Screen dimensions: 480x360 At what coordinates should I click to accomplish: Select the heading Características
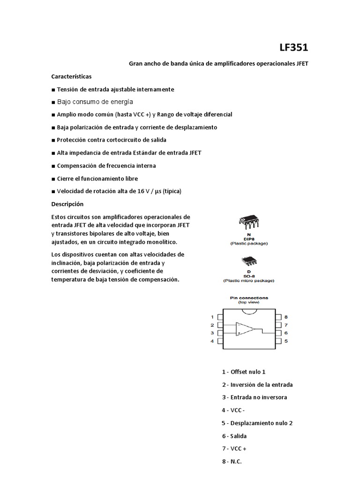(x=71, y=76)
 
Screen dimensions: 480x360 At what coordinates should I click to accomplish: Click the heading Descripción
(x=67, y=204)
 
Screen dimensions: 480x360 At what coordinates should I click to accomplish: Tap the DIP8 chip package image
(x=248, y=223)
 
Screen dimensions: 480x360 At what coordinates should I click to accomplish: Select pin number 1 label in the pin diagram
(x=212, y=317)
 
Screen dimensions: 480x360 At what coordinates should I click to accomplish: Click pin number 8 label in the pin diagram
(x=285, y=317)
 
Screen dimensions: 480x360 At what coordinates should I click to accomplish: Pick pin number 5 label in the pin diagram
(x=285, y=341)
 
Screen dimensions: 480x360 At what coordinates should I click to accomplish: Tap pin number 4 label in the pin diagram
(x=212, y=341)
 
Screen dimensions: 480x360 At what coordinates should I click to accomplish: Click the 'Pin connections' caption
(x=249, y=298)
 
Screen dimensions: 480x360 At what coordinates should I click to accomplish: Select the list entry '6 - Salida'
(x=234, y=435)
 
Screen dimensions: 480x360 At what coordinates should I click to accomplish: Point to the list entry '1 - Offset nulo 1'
(x=244, y=372)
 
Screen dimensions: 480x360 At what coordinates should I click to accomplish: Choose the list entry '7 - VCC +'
(x=234, y=449)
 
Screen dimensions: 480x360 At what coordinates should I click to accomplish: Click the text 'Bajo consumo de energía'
(x=95, y=102)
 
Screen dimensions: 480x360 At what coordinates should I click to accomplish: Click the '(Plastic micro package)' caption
(x=248, y=281)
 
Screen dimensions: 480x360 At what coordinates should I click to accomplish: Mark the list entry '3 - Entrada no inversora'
(x=255, y=397)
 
